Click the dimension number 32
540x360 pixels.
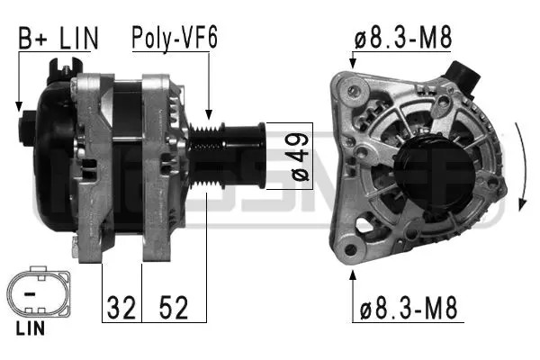pos(121,309)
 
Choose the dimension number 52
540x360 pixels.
pos(175,309)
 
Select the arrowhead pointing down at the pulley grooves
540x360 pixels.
pos(208,114)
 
